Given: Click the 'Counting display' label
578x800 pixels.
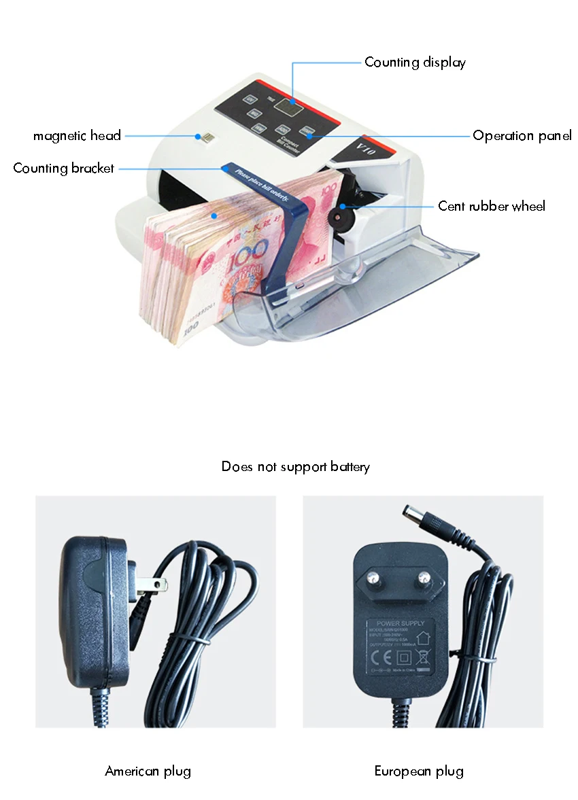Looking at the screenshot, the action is [415, 63].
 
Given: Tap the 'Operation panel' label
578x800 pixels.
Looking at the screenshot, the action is [522, 136].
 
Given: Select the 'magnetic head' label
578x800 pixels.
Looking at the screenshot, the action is [77, 136].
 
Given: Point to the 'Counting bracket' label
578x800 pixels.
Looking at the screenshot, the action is [64, 168].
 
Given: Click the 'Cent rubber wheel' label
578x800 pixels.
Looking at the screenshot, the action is [492, 206].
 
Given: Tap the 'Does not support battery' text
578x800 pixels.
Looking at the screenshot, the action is [296, 467].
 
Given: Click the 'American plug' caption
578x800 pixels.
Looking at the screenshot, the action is [148, 771].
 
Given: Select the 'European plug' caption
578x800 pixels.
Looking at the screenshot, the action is [419, 771].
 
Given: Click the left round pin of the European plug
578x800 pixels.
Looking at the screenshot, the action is [373, 578].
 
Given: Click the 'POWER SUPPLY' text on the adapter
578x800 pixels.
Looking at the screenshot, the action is [401, 623].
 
